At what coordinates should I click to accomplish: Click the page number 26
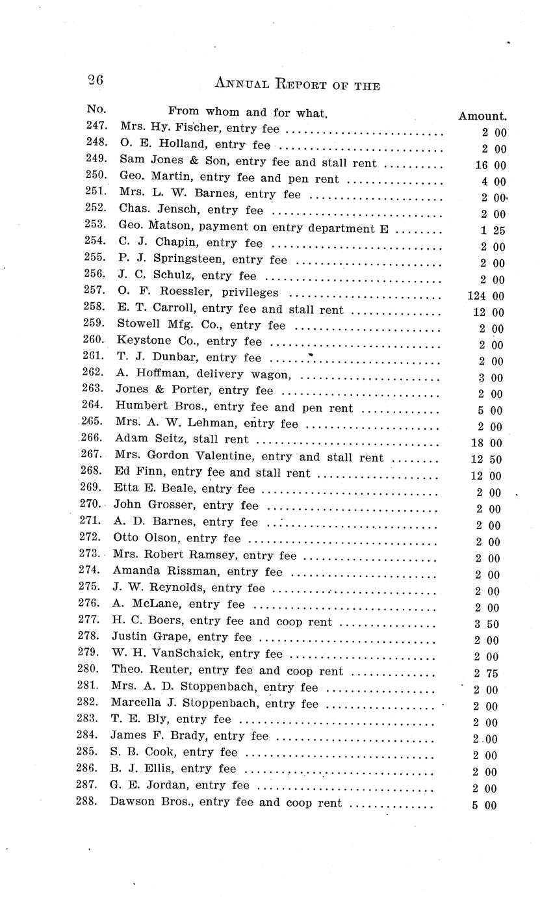click(x=95, y=81)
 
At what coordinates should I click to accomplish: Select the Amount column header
click(x=482, y=116)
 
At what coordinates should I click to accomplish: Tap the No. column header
click(x=96, y=109)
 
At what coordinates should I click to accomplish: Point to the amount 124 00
click(x=485, y=296)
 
